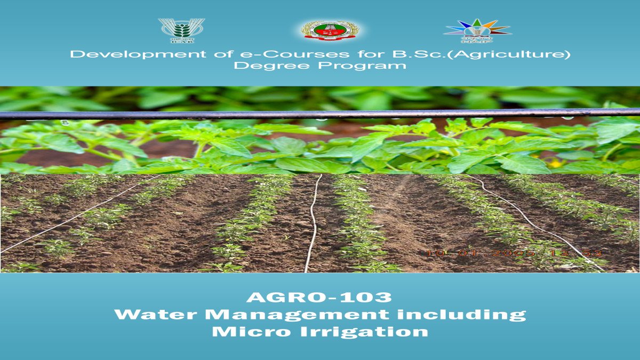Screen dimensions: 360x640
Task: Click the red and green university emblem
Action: click(330, 30)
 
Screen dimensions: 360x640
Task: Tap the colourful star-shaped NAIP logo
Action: click(477, 30)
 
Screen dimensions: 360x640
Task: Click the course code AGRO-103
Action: click(320, 297)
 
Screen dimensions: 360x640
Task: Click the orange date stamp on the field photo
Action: click(514, 253)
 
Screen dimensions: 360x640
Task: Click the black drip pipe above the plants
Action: click(320, 114)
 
